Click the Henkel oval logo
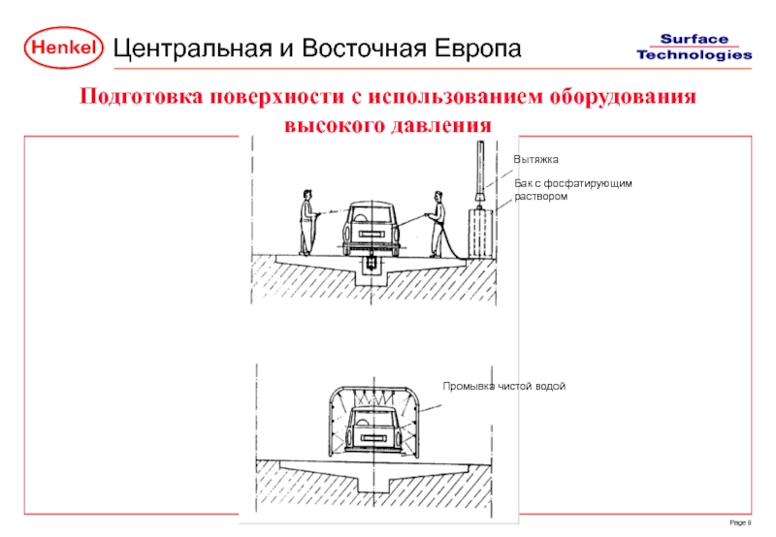(x=63, y=47)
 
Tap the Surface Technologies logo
(x=694, y=47)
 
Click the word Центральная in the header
(x=193, y=49)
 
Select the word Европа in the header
(x=478, y=49)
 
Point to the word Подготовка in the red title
(x=142, y=96)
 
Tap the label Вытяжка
(x=535, y=159)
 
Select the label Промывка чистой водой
(x=503, y=386)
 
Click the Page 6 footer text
(x=740, y=522)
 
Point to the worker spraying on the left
(x=307, y=223)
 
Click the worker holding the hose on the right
(x=437, y=224)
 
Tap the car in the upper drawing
(x=372, y=229)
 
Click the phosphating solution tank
(x=481, y=234)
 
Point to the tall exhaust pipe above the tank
(x=480, y=172)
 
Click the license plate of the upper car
(x=371, y=234)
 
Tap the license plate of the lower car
(x=372, y=437)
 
